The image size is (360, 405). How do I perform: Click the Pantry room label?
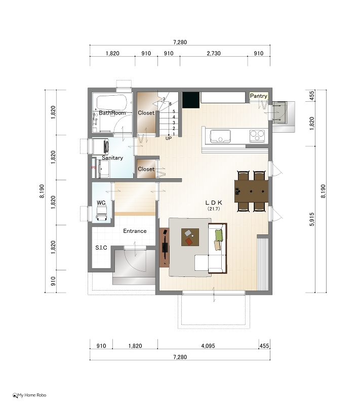coord(259,96)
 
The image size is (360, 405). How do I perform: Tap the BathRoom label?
coord(112,113)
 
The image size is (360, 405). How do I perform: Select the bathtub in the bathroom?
coord(111,103)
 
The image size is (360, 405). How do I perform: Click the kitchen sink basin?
coord(220,136)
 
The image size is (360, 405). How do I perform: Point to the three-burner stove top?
coord(257,136)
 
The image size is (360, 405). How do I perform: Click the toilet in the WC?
coord(102,214)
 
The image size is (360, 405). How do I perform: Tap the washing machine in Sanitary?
coord(100,147)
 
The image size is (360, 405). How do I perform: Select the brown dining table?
coord(251,191)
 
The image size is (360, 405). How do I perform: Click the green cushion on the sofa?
coord(219,235)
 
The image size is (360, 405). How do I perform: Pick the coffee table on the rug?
coord(190,237)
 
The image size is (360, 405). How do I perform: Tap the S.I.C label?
coord(101,248)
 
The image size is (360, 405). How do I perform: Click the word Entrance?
coord(135,231)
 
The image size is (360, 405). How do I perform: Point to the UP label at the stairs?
coord(169,138)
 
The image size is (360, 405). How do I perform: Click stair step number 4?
coord(174,117)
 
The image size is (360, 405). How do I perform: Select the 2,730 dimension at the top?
coord(214,54)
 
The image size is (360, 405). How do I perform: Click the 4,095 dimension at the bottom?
coord(208,346)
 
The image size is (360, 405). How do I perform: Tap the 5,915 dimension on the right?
coord(312,219)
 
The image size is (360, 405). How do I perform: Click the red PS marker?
coord(94,168)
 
